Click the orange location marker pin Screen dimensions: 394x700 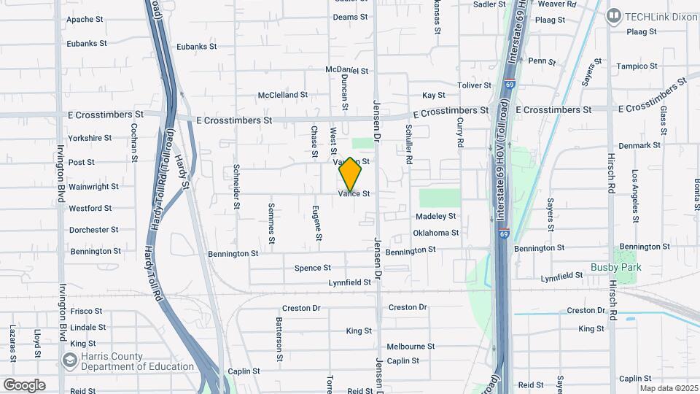350,174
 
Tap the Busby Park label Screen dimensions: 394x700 615,268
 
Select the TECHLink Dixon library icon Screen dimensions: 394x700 613,15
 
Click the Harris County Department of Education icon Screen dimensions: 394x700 70,360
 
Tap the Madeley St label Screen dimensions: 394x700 435,217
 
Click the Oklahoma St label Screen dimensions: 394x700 435,233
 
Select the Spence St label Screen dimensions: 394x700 313,269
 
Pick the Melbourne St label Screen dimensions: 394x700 411,347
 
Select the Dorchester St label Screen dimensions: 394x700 93,230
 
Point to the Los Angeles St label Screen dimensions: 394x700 635,191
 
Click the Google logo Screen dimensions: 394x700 24,385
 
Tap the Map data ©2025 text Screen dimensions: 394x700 669,388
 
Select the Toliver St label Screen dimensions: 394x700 474,85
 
